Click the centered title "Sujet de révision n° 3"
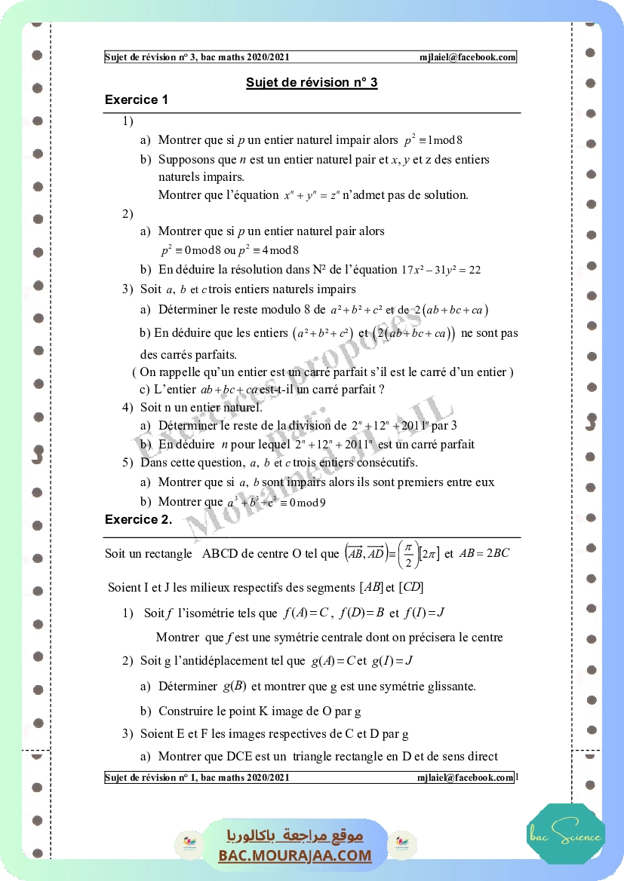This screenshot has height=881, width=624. click(x=312, y=83)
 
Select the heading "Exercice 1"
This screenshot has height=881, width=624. click(x=137, y=99)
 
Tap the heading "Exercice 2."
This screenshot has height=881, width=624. click(x=138, y=519)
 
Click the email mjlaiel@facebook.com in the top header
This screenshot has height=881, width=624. click(x=468, y=57)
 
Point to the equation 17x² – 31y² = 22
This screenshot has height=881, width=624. click(x=441, y=270)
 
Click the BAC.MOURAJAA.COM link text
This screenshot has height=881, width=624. click(x=295, y=855)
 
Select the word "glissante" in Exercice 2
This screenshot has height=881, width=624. click(x=449, y=687)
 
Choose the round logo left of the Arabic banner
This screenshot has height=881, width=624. click(x=186, y=844)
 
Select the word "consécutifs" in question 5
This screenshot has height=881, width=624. click(x=386, y=463)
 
